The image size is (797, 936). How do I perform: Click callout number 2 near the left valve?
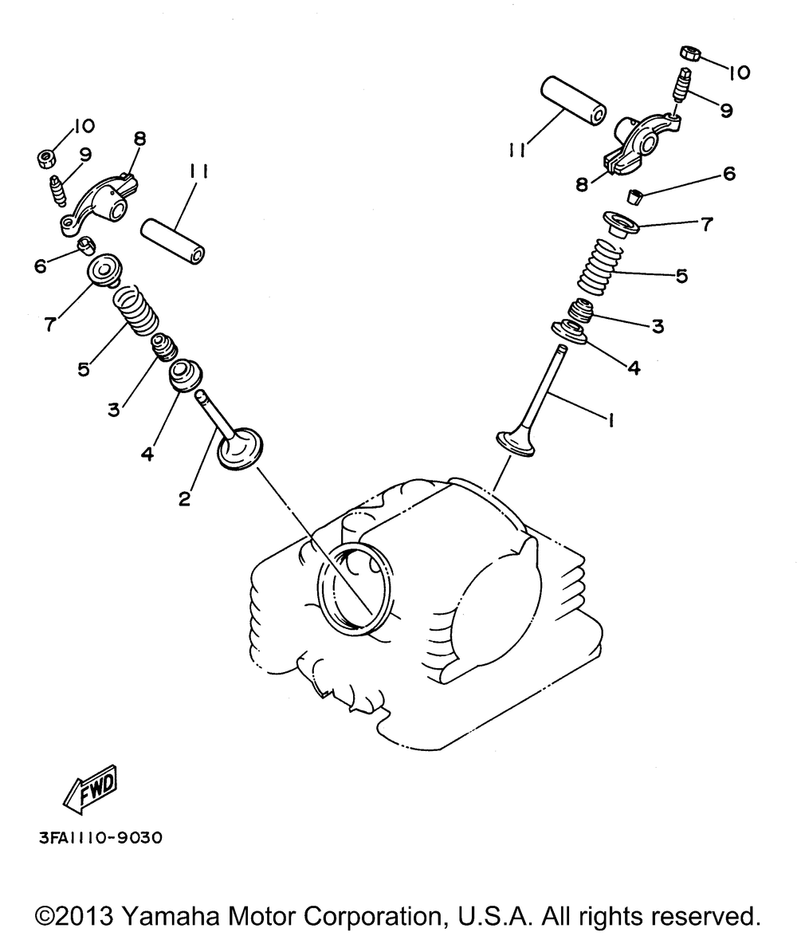click(185, 499)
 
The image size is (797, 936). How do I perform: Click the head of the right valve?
click(516, 442)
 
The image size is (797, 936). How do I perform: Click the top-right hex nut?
click(690, 53)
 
